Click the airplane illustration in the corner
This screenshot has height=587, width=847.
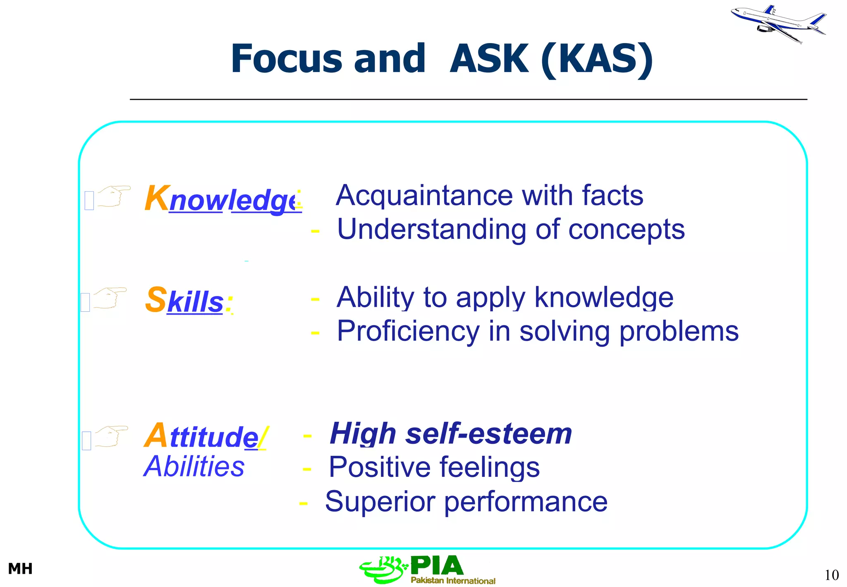(x=778, y=23)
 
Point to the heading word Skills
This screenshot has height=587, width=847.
(x=189, y=301)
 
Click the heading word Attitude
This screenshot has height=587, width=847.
(x=204, y=436)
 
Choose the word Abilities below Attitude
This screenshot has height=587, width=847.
(x=194, y=467)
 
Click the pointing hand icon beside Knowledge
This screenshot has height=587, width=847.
(x=114, y=196)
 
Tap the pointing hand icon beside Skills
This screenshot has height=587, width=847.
(x=110, y=298)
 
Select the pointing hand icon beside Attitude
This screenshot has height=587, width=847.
(x=111, y=436)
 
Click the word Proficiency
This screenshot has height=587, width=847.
(x=408, y=331)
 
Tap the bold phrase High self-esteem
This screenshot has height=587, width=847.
(x=451, y=434)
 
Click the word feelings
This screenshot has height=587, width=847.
(x=489, y=467)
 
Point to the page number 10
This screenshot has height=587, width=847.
(x=831, y=575)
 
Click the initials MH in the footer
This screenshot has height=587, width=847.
(x=20, y=569)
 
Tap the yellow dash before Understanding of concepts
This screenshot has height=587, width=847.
(x=315, y=231)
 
